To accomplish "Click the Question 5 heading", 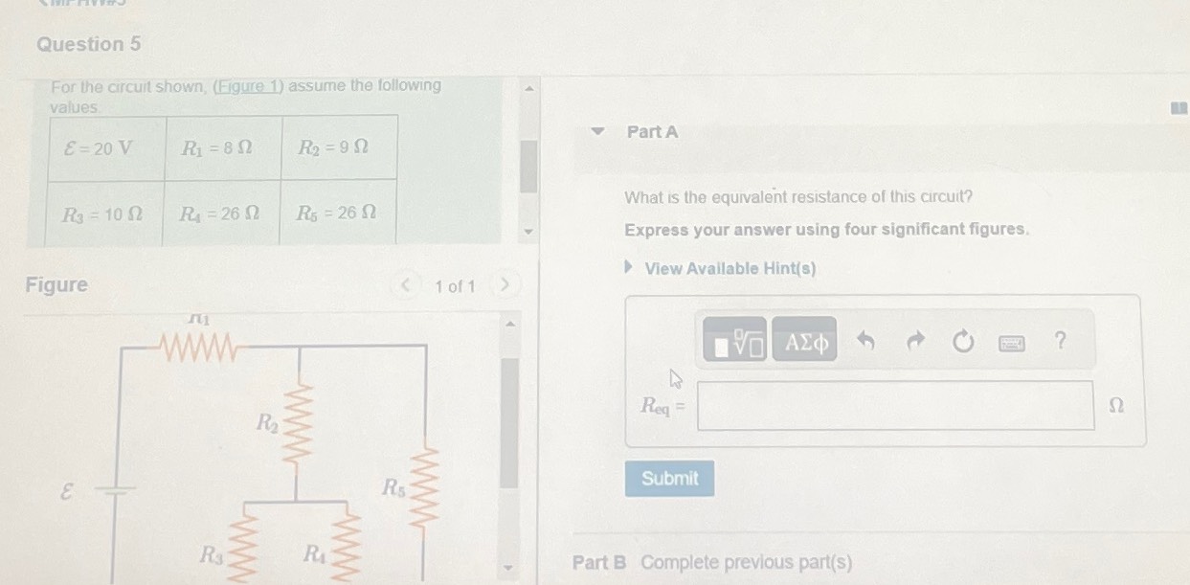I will [88, 44].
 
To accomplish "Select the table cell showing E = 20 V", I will [98, 148].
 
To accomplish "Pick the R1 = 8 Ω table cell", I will [217, 148].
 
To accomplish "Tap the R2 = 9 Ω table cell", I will [333, 148].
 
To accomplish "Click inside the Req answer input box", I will [895, 405].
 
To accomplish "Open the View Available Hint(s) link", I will [730, 269].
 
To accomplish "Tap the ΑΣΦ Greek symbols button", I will [804, 340].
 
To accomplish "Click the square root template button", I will [735, 340].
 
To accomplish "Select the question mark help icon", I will [1059, 340].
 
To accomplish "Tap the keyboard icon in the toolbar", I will [1012, 341].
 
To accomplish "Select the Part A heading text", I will [652, 132].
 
